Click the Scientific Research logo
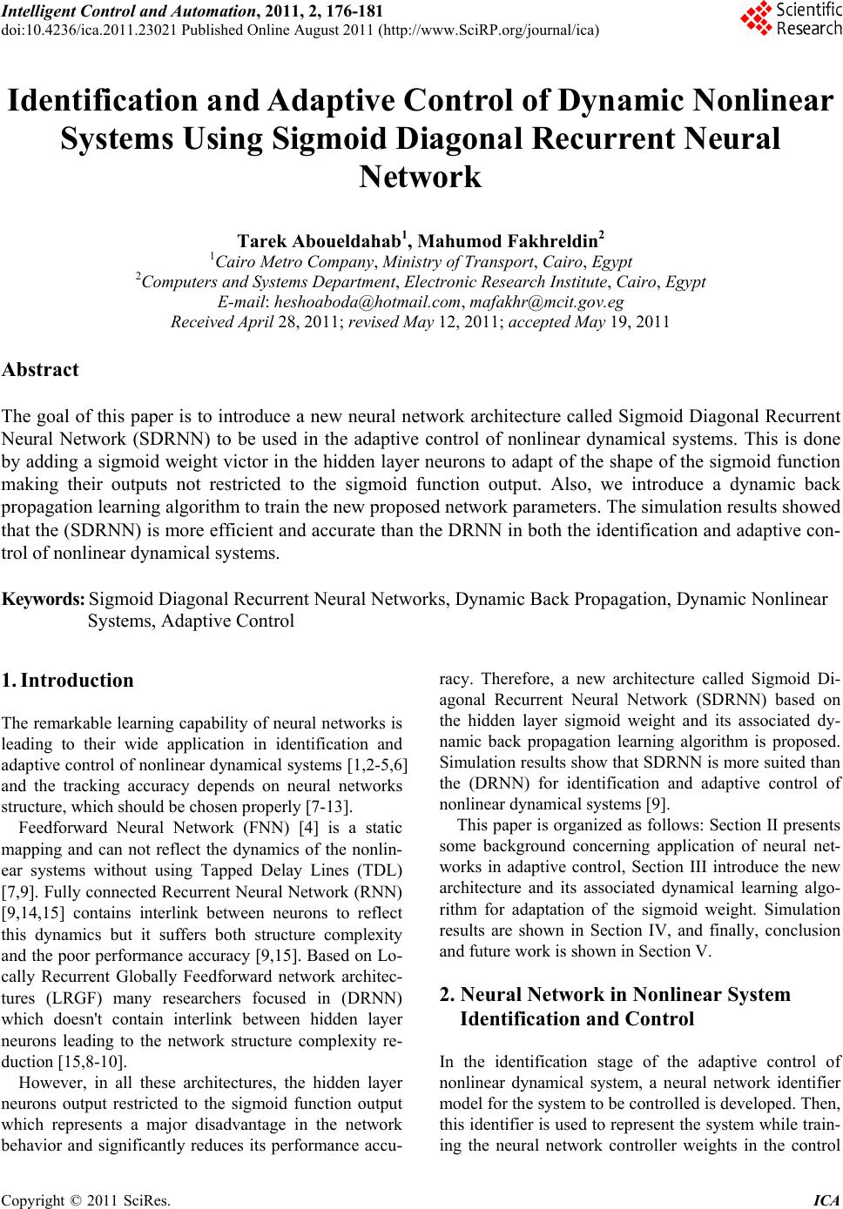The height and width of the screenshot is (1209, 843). (791, 20)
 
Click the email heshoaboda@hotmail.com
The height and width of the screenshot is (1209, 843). (367, 302)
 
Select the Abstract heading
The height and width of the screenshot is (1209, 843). (41, 369)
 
